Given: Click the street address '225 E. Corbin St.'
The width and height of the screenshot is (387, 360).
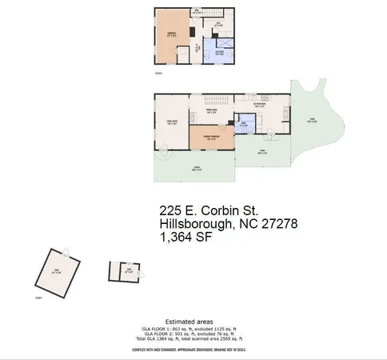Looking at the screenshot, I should [210, 210].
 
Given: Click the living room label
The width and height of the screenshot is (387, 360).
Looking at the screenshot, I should [170, 122].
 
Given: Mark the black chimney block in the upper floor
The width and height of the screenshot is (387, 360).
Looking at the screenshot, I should [192, 32].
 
